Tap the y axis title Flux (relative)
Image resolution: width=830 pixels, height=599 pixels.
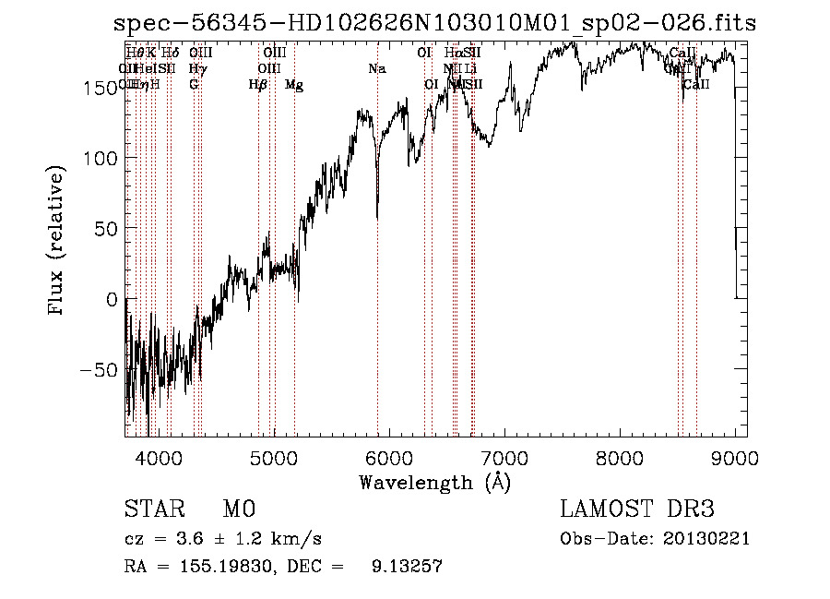coord(58,242)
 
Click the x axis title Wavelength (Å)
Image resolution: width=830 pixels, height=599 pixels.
coord(434,482)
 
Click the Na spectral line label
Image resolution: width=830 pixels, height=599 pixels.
coord(376,69)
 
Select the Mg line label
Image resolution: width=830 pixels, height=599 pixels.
coord(294,85)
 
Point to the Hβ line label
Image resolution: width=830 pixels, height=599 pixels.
coord(258,85)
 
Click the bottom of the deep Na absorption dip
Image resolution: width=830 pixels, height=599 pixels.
coord(377,218)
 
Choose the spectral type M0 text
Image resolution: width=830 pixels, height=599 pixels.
coord(238,509)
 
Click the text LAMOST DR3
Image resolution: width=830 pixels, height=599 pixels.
coord(636,509)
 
